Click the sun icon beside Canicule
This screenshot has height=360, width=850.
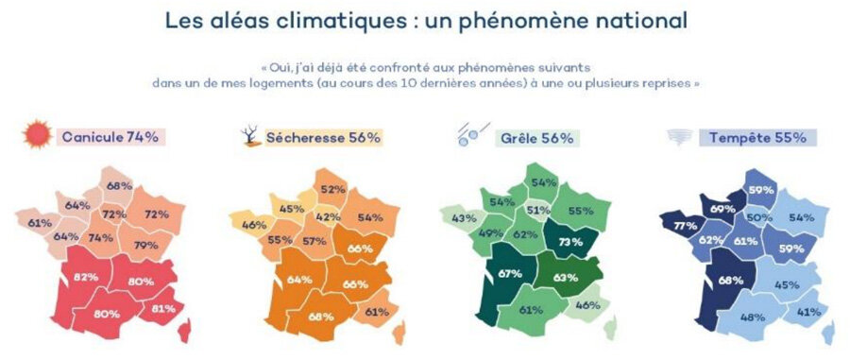point(38,134)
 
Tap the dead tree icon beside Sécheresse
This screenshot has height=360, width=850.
point(251,136)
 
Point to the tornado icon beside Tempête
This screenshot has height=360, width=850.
point(676,137)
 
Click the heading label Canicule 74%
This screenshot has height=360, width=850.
point(110,137)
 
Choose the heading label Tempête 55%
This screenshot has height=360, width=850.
point(757,138)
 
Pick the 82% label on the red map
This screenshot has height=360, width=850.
point(85,277)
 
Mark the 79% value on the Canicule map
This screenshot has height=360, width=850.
point(145,245)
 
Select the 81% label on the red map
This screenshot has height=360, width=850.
point(163,308)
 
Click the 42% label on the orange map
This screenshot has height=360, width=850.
point(329,216)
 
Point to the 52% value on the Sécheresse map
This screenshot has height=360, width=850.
point(332,189)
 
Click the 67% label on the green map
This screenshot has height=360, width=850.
point(510,274)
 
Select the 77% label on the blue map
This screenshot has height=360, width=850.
point(686,226)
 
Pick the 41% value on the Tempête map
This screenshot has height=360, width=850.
point(809,312)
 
